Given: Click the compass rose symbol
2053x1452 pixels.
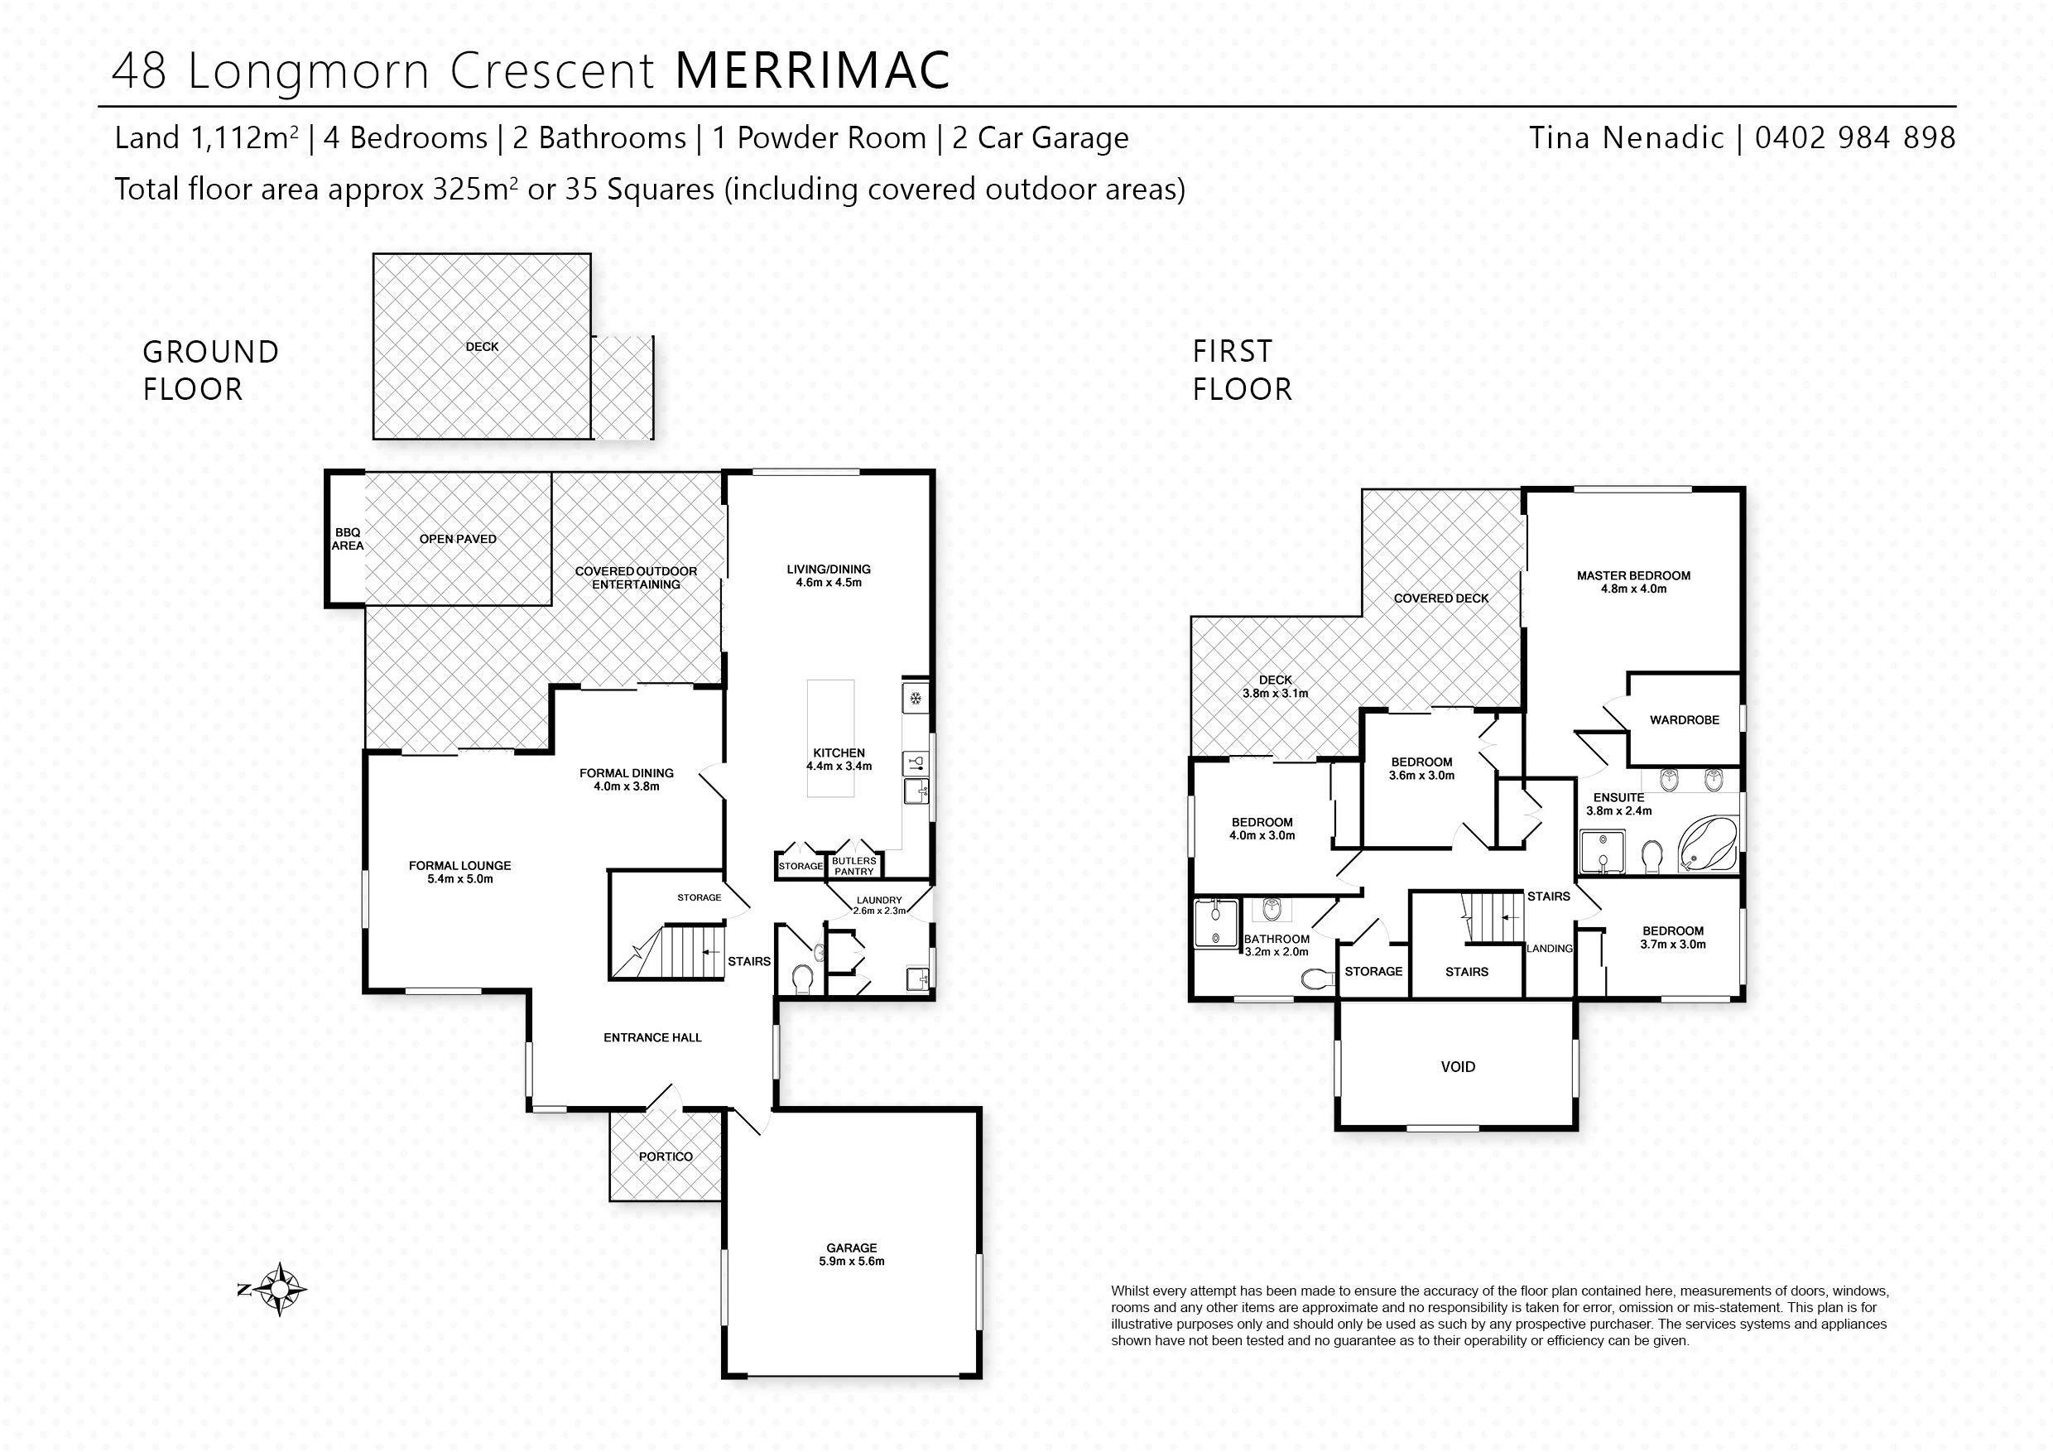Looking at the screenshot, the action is coord(280,1289).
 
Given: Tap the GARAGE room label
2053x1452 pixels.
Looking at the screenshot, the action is coord(851,1248).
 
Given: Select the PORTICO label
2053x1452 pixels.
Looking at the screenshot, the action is coord(666,1156).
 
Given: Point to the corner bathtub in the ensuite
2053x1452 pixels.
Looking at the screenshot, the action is coord(1707,845).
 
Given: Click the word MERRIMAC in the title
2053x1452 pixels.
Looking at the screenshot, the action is coord(812,70).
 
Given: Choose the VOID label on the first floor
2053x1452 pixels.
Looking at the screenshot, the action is coord(1458,1066).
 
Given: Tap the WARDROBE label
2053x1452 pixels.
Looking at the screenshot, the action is coord(1684,719).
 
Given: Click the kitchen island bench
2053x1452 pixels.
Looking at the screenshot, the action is coord(830,738).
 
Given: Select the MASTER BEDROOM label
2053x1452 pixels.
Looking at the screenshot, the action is coord(1632,576).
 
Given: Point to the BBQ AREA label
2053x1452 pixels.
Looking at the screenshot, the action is coord(348,539).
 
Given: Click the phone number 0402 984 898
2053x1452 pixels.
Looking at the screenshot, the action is coord(1854,137).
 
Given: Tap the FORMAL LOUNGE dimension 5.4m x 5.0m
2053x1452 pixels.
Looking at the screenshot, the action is coord(459,879).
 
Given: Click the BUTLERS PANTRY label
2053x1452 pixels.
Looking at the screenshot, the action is coord(854,865).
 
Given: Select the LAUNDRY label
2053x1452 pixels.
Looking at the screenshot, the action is coord(879,901).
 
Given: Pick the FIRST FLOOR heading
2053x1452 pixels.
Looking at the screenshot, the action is coord(1242,370).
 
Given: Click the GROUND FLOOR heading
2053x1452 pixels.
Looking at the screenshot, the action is coord(211,370).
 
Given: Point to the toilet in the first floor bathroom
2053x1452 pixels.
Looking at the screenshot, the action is coord(1317,980).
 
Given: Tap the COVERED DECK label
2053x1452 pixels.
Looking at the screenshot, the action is coord(1440,599).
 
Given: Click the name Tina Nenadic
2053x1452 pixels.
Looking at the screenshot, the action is coord(1626,137).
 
